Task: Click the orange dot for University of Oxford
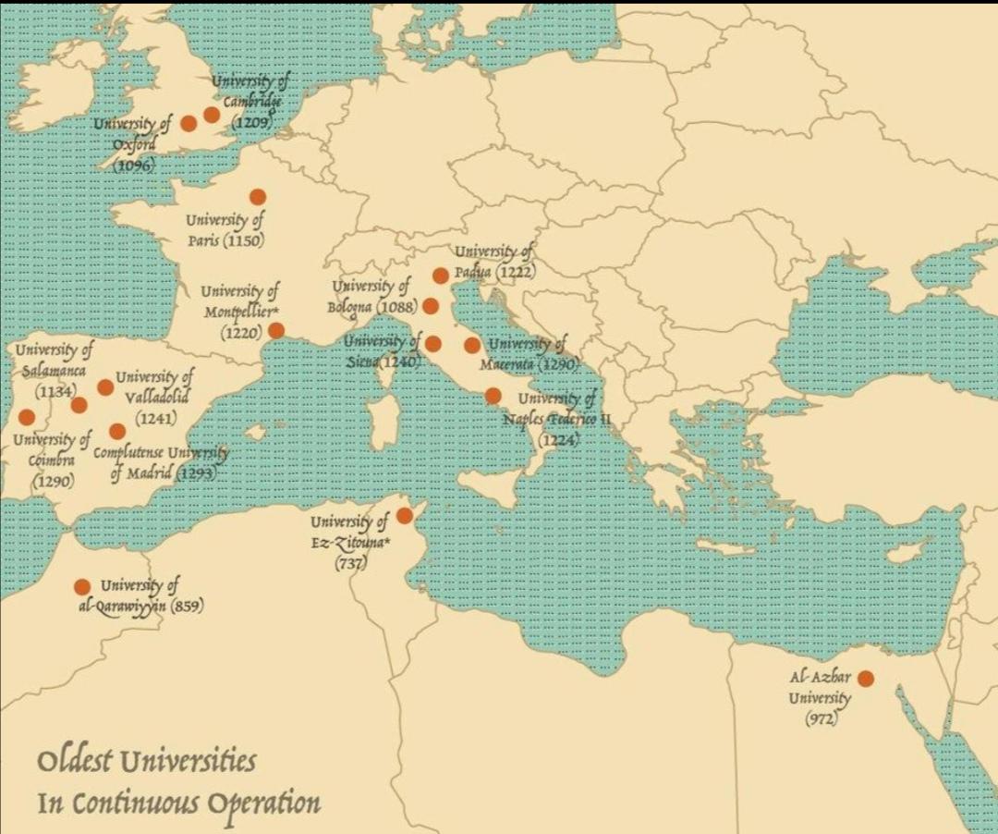189,123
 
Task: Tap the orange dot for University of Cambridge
212,115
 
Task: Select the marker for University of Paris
258,196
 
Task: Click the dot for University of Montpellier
276,330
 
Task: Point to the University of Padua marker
441,276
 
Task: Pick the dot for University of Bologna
431,306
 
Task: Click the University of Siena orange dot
432,344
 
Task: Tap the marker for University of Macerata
472,346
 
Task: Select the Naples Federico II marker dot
493,396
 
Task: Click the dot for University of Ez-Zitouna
405,516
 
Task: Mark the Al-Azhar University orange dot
866,679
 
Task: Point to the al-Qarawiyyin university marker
82,586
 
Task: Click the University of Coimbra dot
26,417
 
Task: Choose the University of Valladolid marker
105,387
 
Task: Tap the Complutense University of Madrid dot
117,431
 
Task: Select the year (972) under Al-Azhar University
821,718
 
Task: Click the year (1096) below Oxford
133,165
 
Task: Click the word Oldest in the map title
74,762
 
